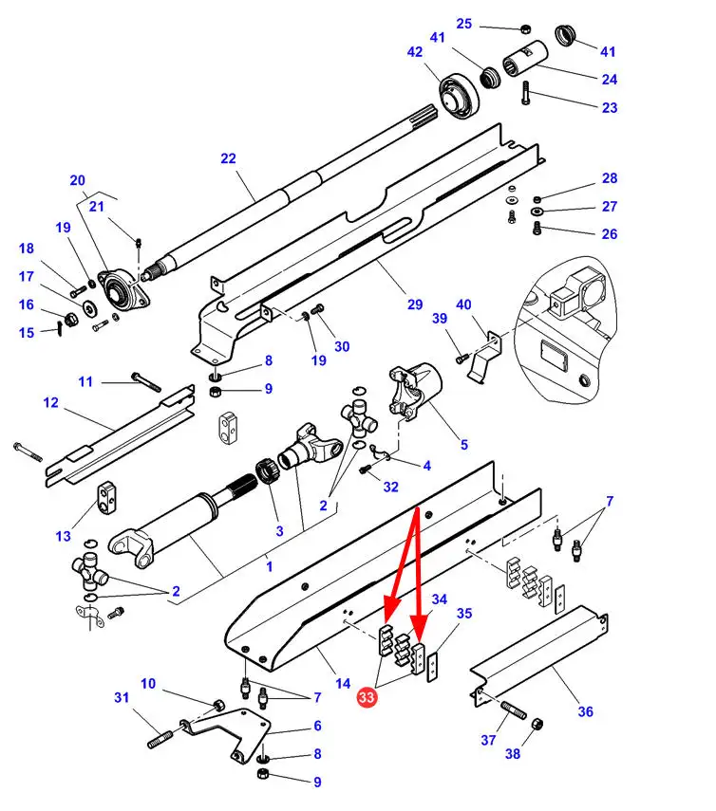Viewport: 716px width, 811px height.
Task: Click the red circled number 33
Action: coord(366,697)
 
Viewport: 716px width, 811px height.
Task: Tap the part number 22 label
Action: coord(228,158)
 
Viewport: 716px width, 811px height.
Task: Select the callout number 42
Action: coord(415,52)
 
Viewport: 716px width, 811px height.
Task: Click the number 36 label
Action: coord(586,711)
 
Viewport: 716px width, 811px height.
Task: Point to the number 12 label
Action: coord(50,402)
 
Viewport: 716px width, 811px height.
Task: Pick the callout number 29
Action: coord(415,304)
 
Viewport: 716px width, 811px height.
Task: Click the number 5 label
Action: coord(464,445)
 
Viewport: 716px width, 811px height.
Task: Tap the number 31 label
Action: coord(122,697)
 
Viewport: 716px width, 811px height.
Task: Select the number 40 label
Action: coord(463,304)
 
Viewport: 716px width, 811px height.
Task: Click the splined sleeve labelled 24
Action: coord(525,59)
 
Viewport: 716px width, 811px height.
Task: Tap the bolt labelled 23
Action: coord(525,93)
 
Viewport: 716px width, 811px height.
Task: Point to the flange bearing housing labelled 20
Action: coord(123,290)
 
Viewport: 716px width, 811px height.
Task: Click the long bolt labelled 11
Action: coord(146,382)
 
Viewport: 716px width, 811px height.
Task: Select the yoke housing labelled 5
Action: coord(415,392)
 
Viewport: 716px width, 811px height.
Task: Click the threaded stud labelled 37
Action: coord(514,710)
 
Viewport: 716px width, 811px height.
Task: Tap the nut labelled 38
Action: coord(537,724)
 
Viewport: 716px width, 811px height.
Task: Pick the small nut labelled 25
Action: coord(525,28)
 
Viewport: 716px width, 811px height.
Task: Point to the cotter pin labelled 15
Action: coord(60,328)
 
